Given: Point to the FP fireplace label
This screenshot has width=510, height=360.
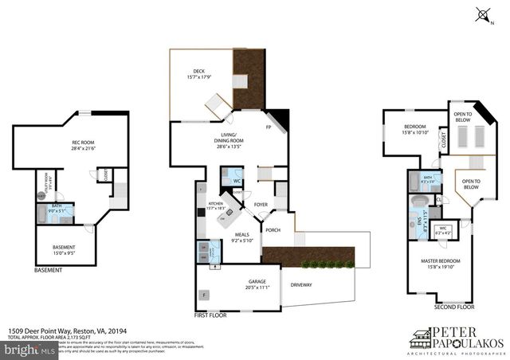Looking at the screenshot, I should [268, 127].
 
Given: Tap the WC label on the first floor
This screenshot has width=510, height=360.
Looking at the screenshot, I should [237, 181].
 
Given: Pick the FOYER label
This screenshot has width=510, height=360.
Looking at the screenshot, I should [261, 204].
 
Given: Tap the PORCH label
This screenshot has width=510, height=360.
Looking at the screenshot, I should [273, 230].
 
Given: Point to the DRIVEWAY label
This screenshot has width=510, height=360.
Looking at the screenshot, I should [301, 284].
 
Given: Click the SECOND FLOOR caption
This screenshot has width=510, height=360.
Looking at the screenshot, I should [453, 306].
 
